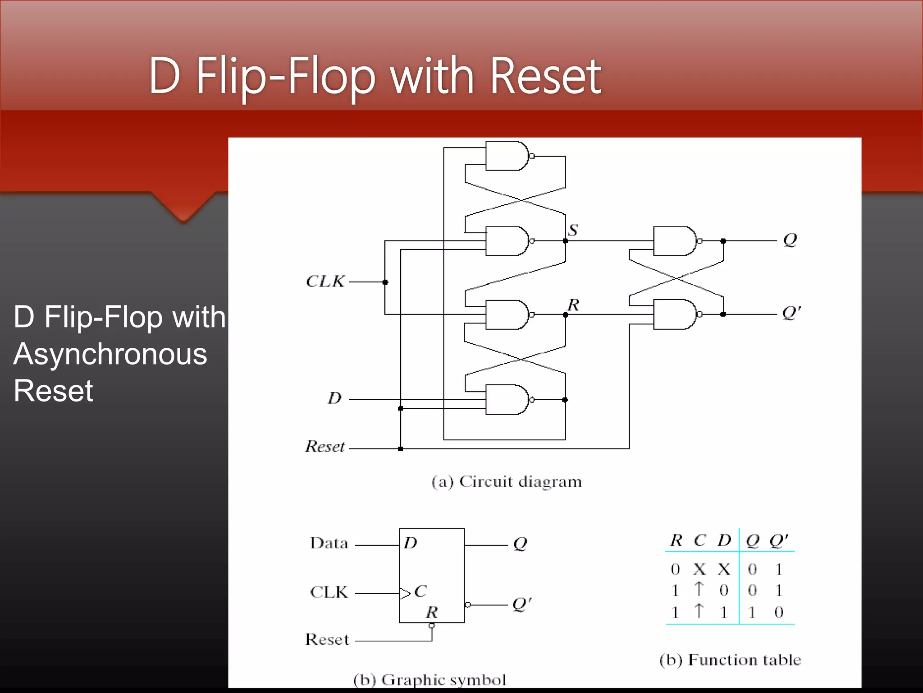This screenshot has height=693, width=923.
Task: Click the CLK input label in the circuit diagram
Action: [x=325, y=282]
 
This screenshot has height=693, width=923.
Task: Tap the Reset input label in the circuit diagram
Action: [x=325, y=447]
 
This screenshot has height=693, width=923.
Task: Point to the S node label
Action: [x=573, y=230]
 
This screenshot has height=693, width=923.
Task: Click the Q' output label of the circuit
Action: [x=791, y=312]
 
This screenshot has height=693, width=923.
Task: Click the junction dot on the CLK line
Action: [x=385, y=282]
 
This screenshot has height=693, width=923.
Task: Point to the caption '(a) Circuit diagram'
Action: [x=507, y=482]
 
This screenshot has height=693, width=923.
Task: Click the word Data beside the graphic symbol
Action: [x=329, y=543]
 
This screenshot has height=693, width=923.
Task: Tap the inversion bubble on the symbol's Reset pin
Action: [x=432, y=626]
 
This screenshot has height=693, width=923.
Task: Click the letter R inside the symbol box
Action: [x=432, y=612]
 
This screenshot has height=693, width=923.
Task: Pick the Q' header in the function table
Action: [x=778, y=540]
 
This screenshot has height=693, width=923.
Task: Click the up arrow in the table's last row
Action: [x=699, y=610]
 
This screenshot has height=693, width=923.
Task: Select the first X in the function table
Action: [x=699, y=569]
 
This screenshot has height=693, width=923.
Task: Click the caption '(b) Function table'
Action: [x=730, y=660]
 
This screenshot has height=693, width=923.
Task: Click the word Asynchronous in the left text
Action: [x=110, y=354]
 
